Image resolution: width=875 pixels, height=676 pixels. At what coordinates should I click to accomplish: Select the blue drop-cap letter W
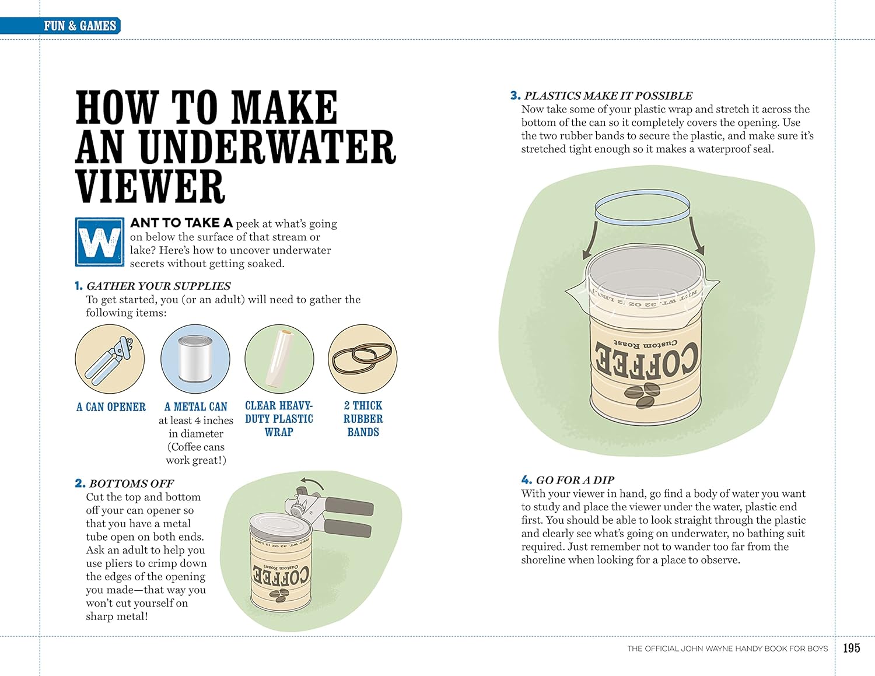coord(100,242)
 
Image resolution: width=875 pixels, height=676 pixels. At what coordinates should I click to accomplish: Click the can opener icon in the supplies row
coord(110,359)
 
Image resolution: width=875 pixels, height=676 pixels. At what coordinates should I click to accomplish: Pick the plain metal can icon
coord(195,359)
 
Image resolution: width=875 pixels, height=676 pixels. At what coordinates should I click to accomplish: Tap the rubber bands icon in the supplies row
coord(362,359)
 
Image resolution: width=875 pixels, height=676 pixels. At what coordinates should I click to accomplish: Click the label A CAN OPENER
coord(111,407)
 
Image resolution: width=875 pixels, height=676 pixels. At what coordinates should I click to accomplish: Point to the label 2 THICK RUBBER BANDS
coord(363,419)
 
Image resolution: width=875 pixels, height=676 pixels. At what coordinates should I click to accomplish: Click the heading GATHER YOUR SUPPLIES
coord(158,286)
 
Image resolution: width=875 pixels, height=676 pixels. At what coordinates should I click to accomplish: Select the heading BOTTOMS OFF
coord(131,484)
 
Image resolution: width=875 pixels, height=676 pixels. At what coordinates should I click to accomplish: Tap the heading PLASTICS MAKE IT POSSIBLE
coord(608,96)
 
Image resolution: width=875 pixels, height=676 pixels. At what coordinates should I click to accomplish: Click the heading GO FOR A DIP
coord(575,481)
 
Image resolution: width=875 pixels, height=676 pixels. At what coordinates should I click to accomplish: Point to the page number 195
coord(852,648)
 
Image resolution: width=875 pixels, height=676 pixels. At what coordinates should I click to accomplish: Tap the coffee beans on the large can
coord(643,394)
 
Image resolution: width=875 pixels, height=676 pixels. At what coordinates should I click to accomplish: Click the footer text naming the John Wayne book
coord(727,649)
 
